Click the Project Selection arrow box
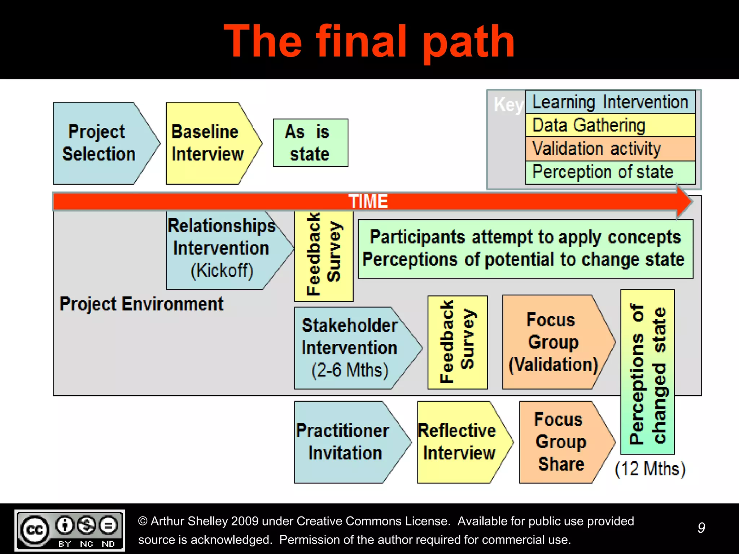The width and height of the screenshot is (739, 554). [99, 143]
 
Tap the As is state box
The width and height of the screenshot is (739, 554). [310, 143]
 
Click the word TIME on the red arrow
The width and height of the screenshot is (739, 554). [368, 201]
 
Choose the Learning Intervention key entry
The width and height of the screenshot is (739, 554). [610, 102]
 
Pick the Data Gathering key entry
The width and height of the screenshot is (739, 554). [610, 125]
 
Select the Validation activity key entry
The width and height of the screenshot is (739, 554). [610, 149]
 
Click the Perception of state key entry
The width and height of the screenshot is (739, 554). [610, 172]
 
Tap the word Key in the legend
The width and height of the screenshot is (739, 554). [508, 105]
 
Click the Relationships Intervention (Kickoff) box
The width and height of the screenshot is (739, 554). [222, 249]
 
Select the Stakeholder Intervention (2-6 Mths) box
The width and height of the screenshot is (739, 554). [350, 348]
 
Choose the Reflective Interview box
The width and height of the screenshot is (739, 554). [458, 442]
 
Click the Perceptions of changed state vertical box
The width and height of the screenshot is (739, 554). [647, 372]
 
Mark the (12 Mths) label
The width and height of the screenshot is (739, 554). [650, 469]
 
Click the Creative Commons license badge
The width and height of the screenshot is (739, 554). [70, 530]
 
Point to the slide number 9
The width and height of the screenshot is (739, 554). [701, 528]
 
